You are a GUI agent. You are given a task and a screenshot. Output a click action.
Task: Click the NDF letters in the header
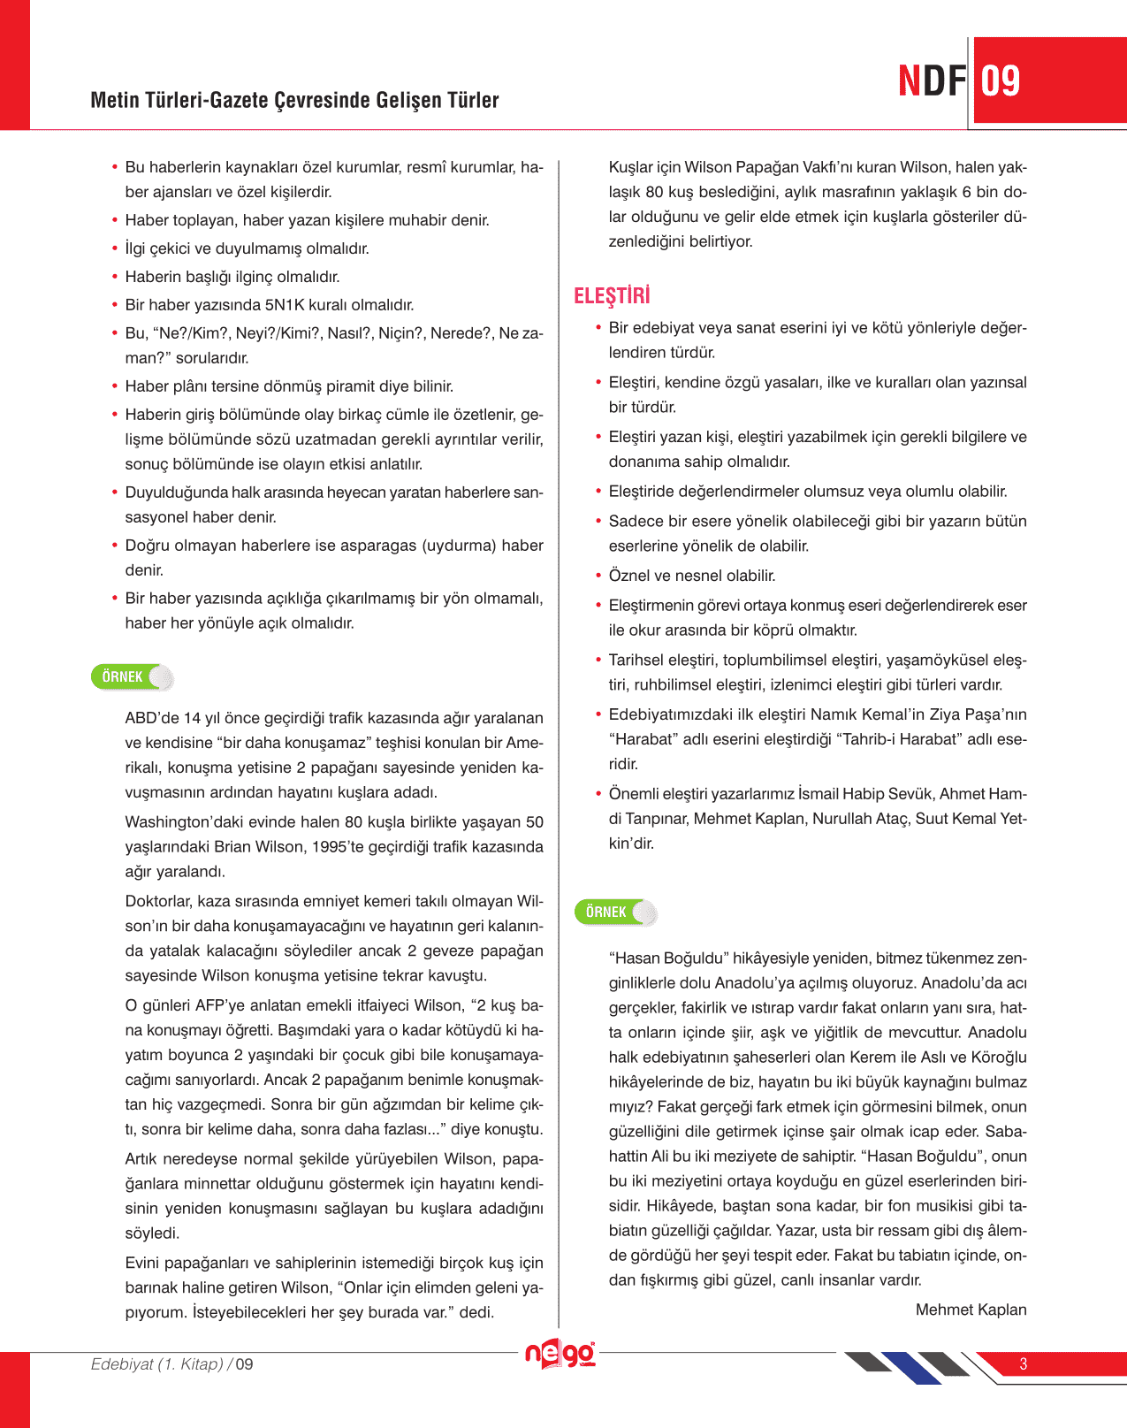pyautogui.click(x=932, y=81)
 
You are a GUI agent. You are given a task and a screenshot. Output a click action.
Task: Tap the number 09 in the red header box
pyautogui.click(x=1001, y=81)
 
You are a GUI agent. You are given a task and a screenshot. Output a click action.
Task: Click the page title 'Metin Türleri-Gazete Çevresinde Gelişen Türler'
pyautogui.click(x=294, y=100)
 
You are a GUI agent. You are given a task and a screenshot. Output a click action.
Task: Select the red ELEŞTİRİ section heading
pyautogui.click(x=612, y=295)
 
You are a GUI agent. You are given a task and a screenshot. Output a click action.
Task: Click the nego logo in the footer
pyautogui.click(x=560, y=1353)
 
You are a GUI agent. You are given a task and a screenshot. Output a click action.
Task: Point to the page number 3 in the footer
pyautogui.click(x=1024, y=1363)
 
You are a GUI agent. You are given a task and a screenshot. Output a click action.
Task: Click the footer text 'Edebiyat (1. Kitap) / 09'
pyautogui.click(x=172, y=1364)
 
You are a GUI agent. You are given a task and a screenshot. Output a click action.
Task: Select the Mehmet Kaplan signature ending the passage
pyautogui.click(x=971, y=1310)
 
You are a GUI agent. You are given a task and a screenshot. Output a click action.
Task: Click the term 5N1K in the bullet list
pyautogui.click(x=290, y=305)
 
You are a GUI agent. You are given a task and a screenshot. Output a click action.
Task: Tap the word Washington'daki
pyautogui.click(x=181, y=822)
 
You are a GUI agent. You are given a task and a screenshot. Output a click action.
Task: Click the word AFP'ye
pyautogui.click(x=221, y=1005)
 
